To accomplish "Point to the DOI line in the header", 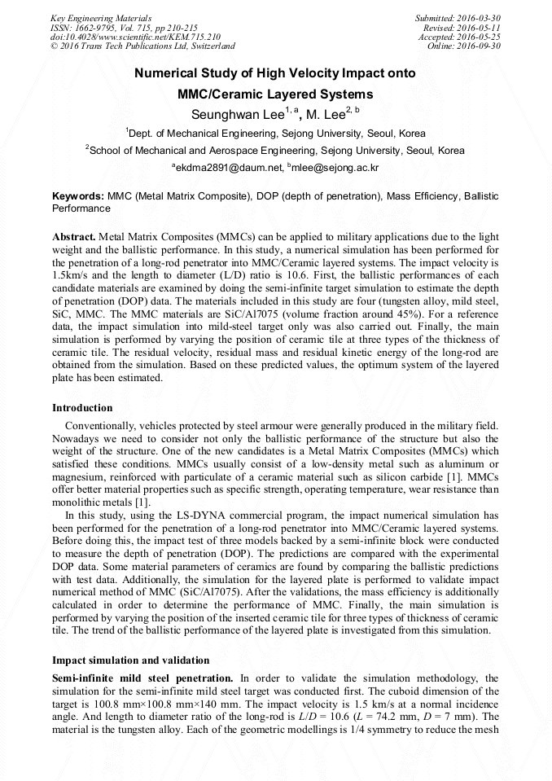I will click(x=135, y=37).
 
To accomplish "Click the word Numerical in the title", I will click(x=165, y=73).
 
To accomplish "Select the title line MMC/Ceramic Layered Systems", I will click(x=275, y=94).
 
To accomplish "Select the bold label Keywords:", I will click(x=78, y=197).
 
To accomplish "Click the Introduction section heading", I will click(x=82, y=408).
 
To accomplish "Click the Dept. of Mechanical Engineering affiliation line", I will click(x=275, y=133).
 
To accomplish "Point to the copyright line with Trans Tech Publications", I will click(x=142, y=46).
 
